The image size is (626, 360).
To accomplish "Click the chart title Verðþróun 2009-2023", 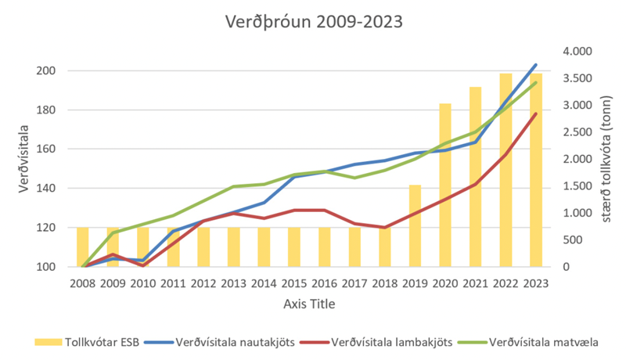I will tap(313, 21).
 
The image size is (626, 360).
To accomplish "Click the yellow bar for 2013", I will tap(233, 247).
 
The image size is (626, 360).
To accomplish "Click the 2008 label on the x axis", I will tap(82, 282).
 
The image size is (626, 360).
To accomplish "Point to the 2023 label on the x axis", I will tap(535, 282).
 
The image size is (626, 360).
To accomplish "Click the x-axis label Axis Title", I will tap(308, 303).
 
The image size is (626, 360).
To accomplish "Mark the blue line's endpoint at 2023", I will tap(535, 65).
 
